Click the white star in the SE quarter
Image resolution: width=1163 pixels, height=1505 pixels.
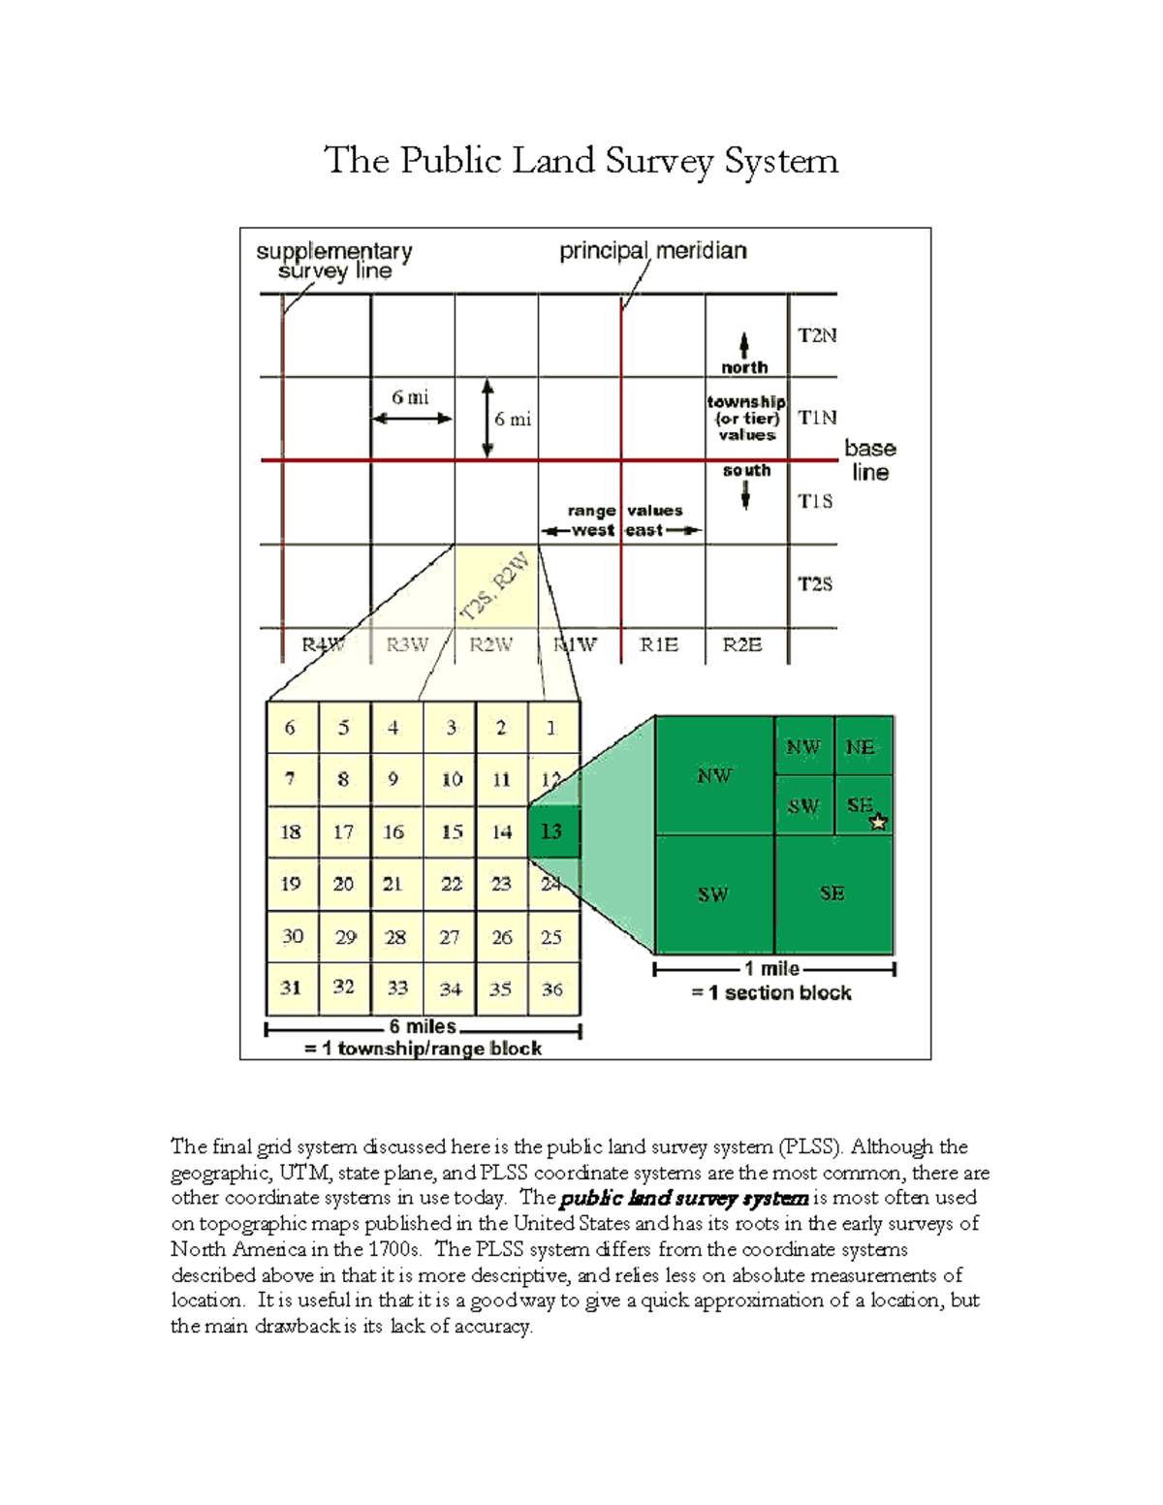878,822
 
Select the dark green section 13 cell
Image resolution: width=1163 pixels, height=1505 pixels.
552,831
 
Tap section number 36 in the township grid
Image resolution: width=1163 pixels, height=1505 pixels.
552,989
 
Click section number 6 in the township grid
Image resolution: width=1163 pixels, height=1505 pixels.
290,728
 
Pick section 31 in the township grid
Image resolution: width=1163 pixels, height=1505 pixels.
291,988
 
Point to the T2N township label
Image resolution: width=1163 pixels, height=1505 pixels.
816,335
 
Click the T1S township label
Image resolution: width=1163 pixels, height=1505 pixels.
815,500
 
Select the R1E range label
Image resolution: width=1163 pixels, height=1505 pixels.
659,644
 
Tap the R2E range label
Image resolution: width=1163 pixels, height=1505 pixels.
742,644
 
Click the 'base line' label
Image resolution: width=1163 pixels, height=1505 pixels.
869,460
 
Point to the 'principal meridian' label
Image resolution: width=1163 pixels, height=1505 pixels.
652,251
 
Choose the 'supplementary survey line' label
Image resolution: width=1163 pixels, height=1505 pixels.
334,261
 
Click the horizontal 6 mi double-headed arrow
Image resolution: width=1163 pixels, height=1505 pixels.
413,419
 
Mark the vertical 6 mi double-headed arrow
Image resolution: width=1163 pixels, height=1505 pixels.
487,418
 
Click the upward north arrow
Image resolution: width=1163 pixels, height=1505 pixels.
744,346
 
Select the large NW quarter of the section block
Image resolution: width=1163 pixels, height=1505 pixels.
714,775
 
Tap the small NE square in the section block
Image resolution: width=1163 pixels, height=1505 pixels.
861,747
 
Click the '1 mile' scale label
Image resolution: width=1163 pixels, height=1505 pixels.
771,968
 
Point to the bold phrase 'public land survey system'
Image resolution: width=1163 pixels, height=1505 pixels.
683,1198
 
